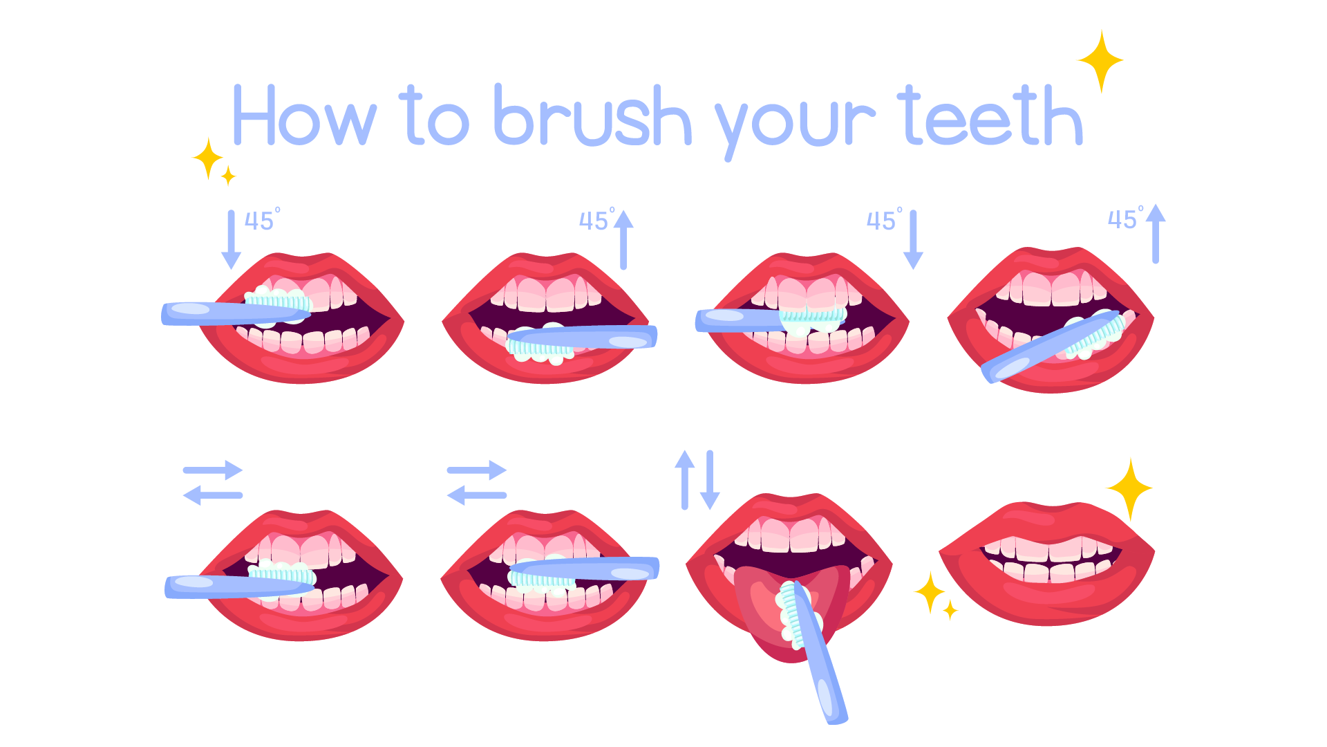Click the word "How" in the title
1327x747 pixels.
[x=304, y=116]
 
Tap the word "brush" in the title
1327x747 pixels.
[x=592, y=116]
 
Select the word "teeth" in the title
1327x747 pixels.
[x=990, y=116]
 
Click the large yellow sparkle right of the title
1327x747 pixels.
[x=1100, y=61]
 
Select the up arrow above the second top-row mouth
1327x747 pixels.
[x=623, y=239]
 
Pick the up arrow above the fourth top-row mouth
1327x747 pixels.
[x=1156, y=234]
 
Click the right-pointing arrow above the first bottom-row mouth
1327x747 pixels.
[x=214, y=470]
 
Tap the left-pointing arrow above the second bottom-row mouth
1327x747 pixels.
[x=476, y=495]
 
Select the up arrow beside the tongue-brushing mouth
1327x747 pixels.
[x=684, y=479]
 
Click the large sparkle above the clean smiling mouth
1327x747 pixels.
[x=1129, y=488]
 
